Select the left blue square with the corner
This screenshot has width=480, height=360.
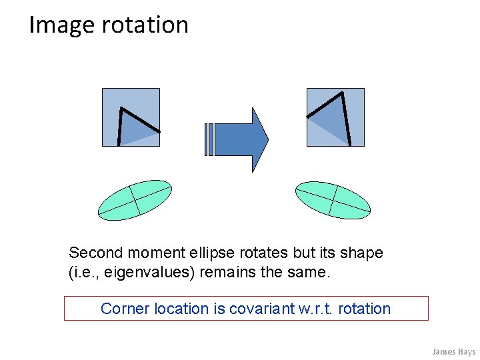131,117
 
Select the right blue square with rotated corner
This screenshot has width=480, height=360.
335,117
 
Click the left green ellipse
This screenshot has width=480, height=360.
135,199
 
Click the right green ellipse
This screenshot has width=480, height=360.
333,199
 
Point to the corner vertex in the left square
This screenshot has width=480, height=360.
121,108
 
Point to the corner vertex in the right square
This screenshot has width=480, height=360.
341,93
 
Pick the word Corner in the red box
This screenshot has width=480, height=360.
125,309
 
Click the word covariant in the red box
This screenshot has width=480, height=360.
260,309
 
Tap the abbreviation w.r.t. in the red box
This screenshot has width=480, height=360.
314,309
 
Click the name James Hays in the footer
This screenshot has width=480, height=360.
453,351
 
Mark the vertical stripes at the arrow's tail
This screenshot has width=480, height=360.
209,140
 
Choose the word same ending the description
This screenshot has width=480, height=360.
312,273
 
